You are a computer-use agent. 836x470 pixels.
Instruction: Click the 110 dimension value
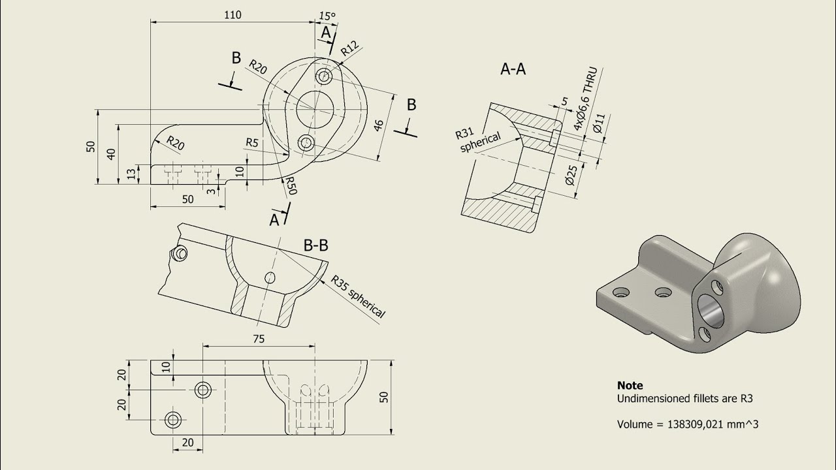(x=232, y=15)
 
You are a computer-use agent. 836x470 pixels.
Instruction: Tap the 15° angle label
(x=327, y=16)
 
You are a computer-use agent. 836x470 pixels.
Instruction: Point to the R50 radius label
(x=291, y=187)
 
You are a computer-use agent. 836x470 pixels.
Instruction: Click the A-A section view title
(x=513, y=69)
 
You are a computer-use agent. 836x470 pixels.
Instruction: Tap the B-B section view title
(x=315, y=245)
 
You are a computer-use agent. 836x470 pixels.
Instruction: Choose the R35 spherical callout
(x=358, y=296)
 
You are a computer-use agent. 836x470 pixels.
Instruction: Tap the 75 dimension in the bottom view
(x=258, y=338)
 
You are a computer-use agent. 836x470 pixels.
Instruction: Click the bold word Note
(x=630, y=385)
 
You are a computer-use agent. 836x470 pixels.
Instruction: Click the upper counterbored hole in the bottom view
(x=202, y=390)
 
